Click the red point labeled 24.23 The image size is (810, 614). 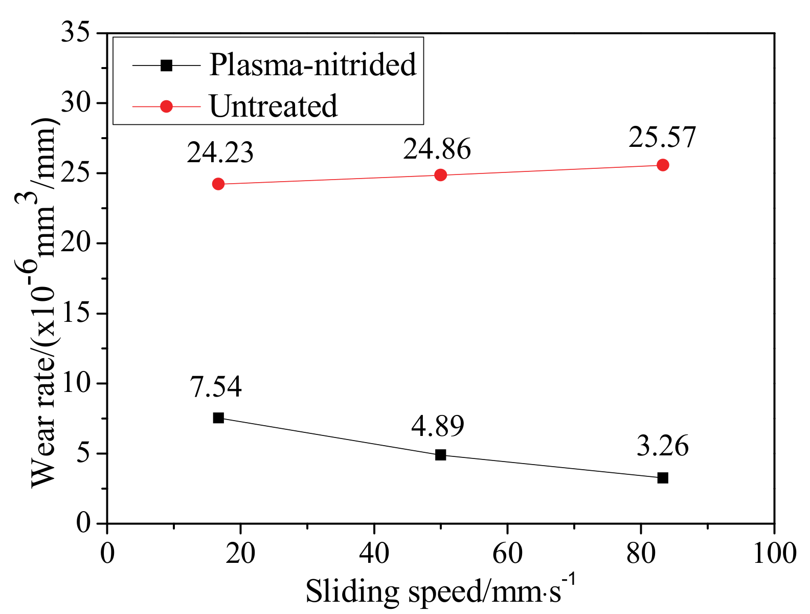tap(218, 184)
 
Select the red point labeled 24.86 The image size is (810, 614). tap(440, 175)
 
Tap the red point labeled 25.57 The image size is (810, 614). tap(663, 165)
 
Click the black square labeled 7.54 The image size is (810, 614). tap(218, 418)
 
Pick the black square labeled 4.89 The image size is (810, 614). tap(440, 455)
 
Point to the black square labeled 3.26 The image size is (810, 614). tap(663, 478)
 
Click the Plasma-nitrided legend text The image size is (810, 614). tap(313, 65)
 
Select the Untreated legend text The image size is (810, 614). tap(274, 106)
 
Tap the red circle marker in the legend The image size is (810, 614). tap(166, 106)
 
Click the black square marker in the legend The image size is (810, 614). tap(166, 65)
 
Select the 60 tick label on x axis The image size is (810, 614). tap(507, 554)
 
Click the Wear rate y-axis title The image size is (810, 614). tap(43, 302)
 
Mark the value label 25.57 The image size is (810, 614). tap(662, 138)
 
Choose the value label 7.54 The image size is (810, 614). tap(216, 387)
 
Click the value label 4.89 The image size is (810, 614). tap(438, 426)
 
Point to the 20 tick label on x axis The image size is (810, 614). tap(240, 554)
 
